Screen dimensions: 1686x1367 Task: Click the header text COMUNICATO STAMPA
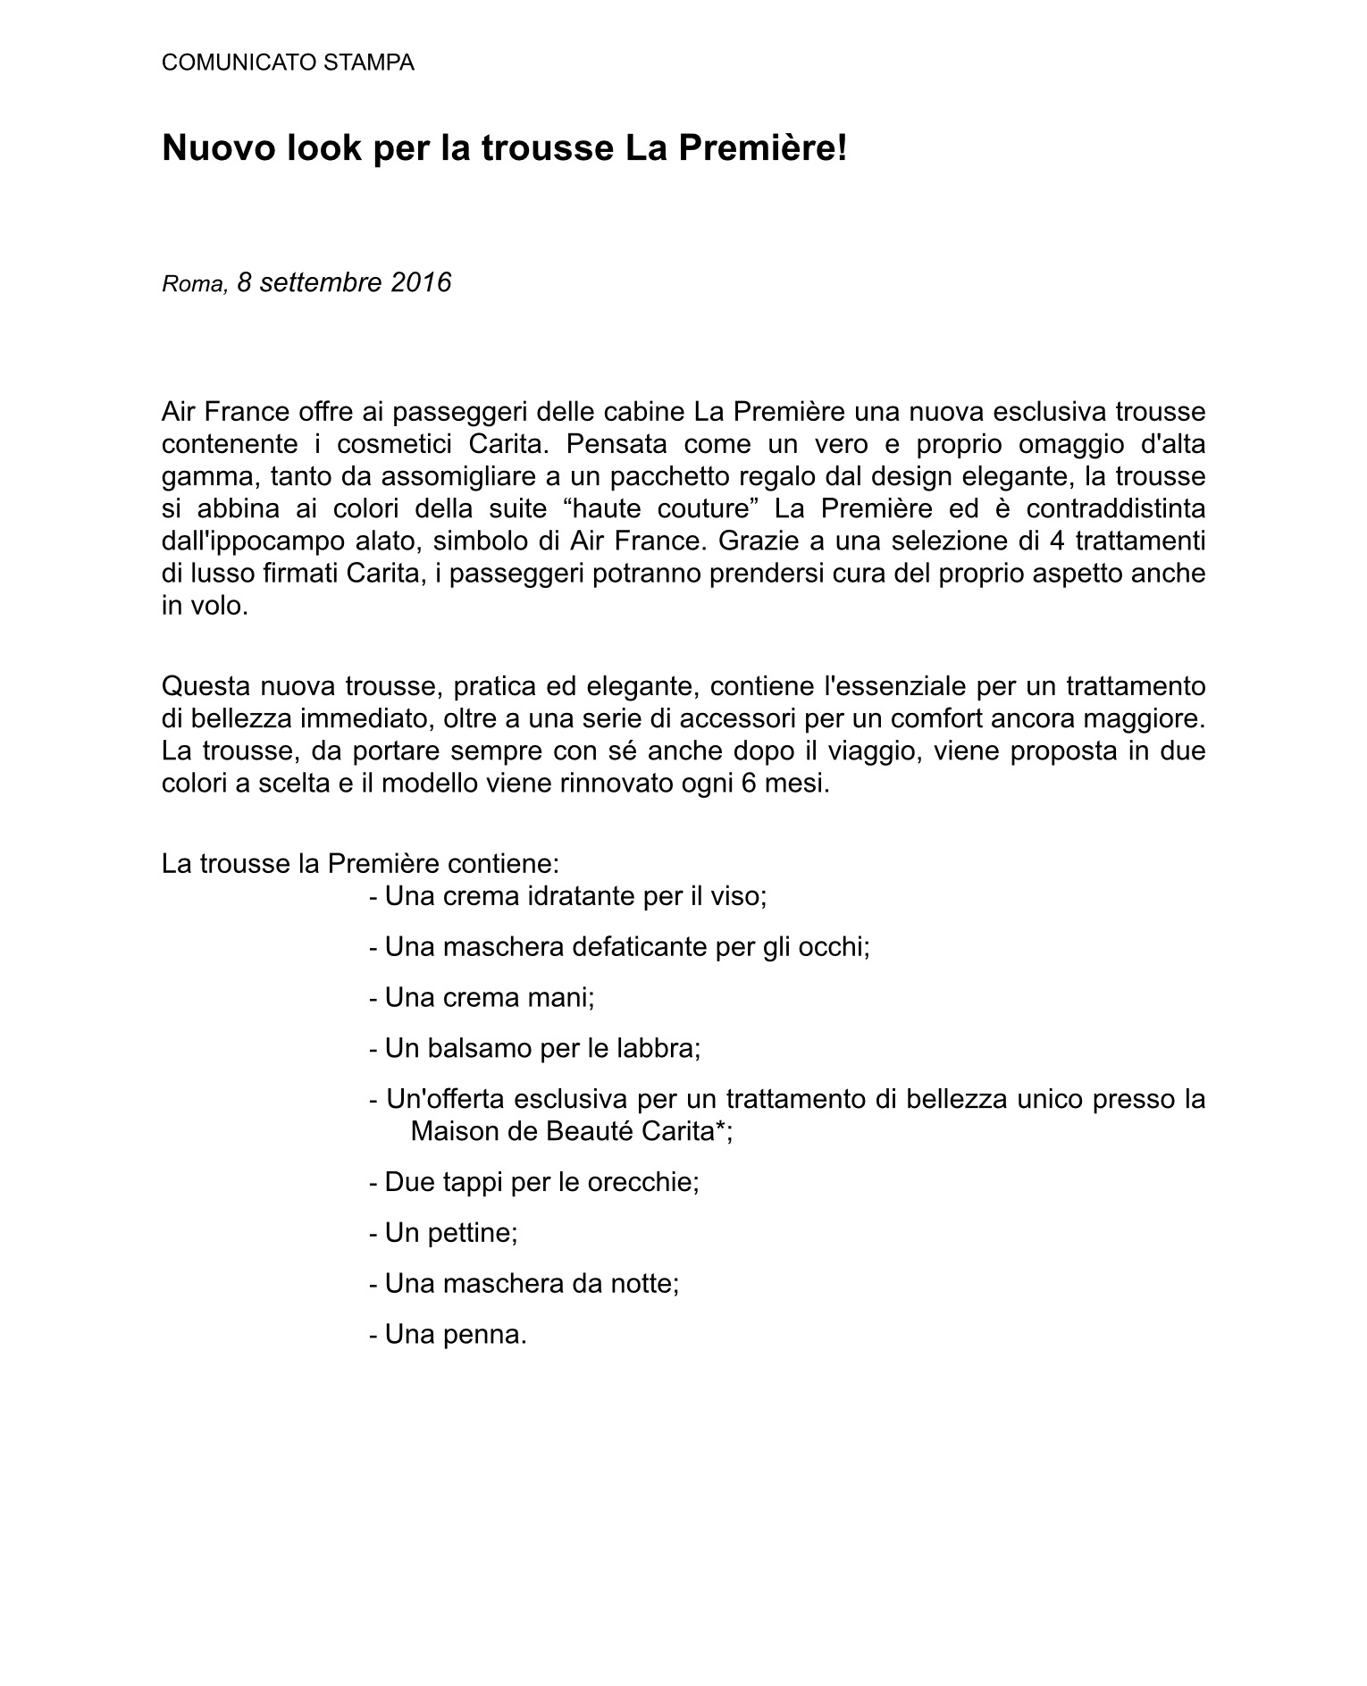[288, 63]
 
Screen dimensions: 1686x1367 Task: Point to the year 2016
[421, 282]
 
